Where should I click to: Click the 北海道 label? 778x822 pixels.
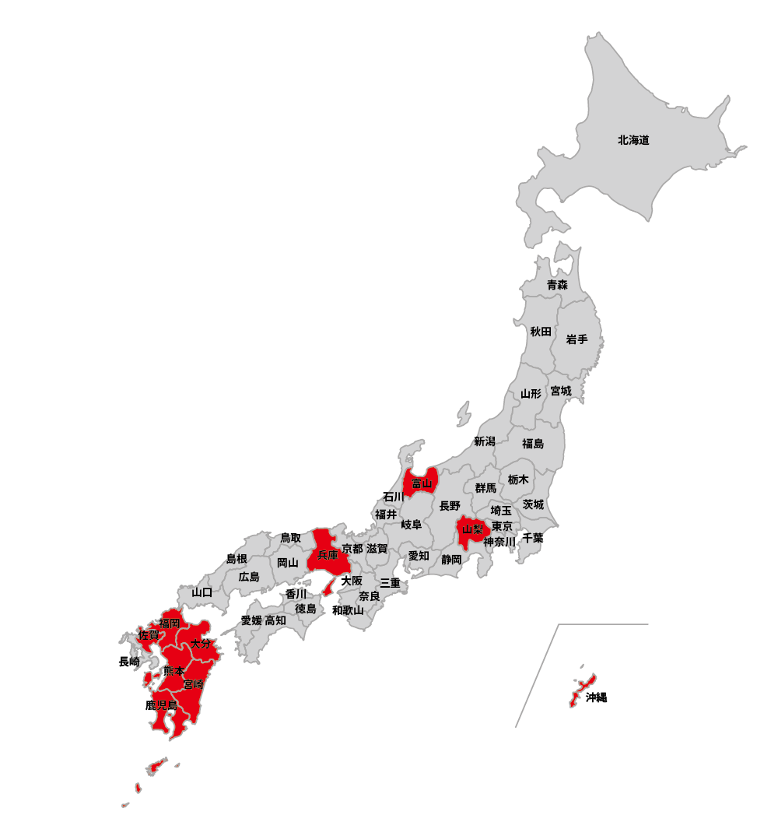[633, 141]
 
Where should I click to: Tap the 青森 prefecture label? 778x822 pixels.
[557, 285]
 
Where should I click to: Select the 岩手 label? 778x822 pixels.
[576, 339]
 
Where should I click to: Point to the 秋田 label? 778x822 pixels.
[541, 332]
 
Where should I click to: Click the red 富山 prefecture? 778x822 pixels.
[421, 483]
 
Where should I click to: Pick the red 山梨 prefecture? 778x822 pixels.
[472, 529]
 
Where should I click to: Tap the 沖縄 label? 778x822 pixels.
[597, 697]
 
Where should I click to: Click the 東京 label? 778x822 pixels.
[502, 527]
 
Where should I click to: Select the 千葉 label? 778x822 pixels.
[533, 538]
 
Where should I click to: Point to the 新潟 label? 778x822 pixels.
[484, 441]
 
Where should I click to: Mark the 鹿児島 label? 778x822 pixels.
[162, 705]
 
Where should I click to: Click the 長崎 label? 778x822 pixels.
[129, 662]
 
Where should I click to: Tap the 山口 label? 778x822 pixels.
[202, 592]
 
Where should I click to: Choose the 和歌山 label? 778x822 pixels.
[348, 610]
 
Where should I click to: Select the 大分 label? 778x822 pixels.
[201, 644]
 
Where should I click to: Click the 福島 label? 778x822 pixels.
[533, 444]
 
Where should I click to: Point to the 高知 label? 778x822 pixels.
[275, 620]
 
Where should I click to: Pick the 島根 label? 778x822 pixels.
[237, 559]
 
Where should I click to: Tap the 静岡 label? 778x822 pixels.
[451, 559]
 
